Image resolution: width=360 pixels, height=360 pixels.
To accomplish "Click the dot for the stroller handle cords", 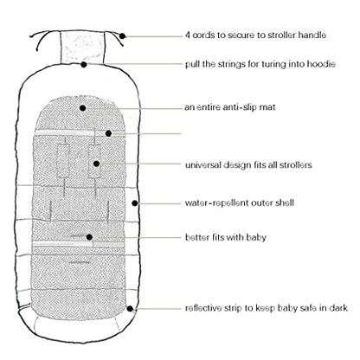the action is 122,36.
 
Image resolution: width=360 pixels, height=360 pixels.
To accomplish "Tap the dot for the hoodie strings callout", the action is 84,64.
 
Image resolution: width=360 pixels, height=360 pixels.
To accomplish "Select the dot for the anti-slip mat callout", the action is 83,108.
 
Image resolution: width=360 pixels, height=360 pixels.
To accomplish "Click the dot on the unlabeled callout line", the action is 108,133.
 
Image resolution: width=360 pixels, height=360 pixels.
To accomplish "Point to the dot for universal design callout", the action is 96,164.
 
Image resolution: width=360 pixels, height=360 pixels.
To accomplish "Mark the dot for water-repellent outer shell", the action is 134,203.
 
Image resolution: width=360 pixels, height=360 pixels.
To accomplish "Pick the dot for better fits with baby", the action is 89,237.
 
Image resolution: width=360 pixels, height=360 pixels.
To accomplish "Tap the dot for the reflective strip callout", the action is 130,309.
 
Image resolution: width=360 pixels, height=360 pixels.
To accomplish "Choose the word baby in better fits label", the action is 256,237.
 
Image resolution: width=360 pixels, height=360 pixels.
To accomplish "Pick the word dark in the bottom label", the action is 338,308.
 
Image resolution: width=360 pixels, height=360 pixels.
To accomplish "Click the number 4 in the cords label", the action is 188,35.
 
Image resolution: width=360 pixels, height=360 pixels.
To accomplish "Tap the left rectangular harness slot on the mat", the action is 63,161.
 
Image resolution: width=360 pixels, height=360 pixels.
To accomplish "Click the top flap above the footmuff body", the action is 82,47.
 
